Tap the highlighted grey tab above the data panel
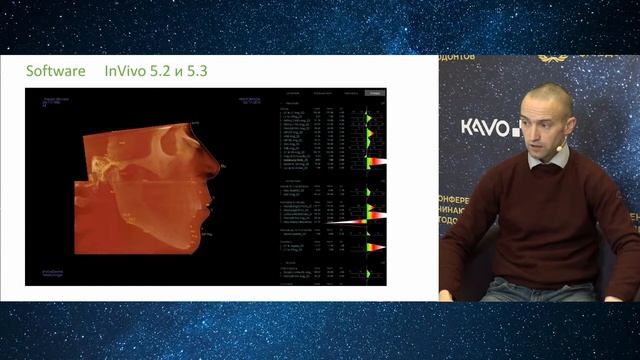coord(375,93)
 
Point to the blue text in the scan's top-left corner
coord(55,102)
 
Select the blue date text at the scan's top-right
coord(249,101)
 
